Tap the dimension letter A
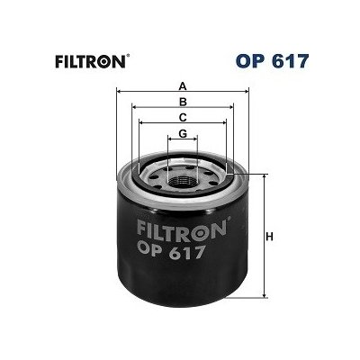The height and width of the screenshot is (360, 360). coord(183,85)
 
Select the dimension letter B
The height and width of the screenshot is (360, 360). coord(183,102)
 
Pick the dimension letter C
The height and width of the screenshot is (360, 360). coord(183,117)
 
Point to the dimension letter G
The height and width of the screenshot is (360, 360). coord(183,133)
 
